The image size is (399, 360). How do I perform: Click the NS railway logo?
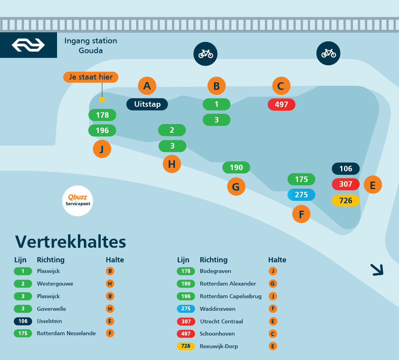tap(28, 45)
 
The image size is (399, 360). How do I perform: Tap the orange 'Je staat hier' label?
tap(91, 77)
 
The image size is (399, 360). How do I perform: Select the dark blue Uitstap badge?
tap(147, 104)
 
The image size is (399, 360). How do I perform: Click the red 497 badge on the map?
tap(281, 104)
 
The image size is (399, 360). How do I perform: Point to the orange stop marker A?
tap(147, 86)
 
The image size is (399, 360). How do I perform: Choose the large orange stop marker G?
tap(236, 186)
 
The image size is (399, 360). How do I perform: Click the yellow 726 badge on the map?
tap(345, 200)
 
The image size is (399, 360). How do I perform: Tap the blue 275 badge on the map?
tap(301, 195)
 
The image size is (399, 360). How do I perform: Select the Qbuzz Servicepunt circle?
tap(78, 201)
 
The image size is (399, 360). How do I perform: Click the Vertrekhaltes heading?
tap(70, 241)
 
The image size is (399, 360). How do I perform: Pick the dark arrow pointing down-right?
tap(377, 269)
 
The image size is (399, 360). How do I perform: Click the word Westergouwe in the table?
tap(55, 284)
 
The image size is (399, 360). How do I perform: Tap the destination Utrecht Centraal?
tap(222, 321)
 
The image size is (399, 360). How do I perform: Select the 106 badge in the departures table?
tap(23, 321)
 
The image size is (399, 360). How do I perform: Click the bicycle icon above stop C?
tap(328, 53)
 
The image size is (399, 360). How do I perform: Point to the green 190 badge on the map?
tap(236, 167)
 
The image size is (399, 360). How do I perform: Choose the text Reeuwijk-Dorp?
tap(219, 346)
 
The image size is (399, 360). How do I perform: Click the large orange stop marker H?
tap(172, 164)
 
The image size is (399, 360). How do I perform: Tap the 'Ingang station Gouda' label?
tap(91, 45)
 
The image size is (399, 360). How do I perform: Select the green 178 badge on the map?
tap(102, 115)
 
